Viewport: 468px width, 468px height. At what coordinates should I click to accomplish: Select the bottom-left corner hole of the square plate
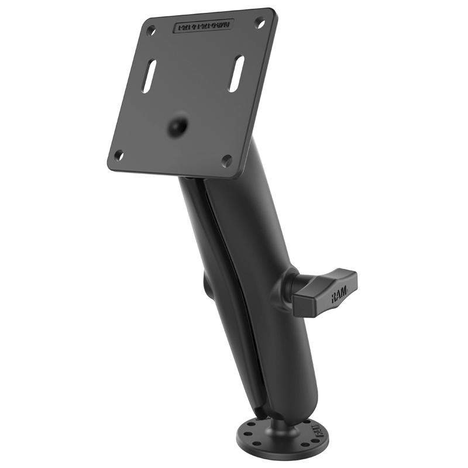point(119,155)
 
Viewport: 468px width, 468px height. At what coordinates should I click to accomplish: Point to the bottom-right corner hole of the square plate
point(227,159)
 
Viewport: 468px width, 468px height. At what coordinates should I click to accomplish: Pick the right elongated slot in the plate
point(236,74)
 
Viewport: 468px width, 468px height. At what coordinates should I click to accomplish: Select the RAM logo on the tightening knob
point(338,298)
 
